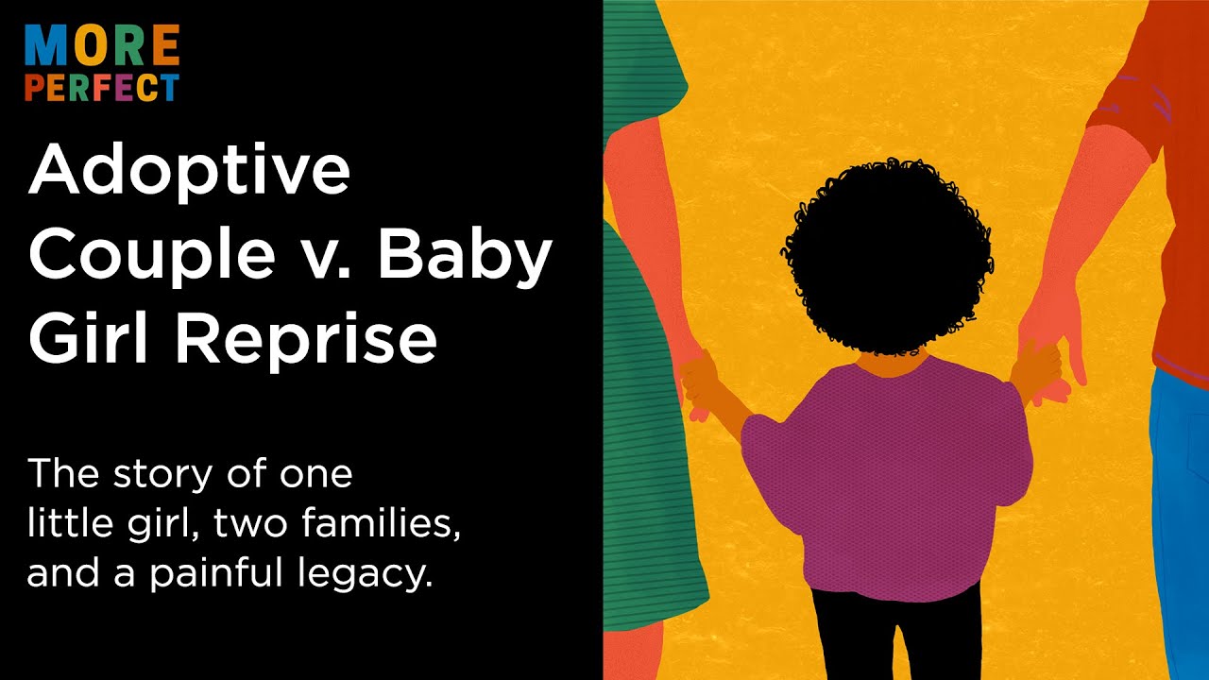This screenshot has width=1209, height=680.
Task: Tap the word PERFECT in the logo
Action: (102, 89)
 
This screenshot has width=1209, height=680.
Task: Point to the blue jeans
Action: (1181, 519)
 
